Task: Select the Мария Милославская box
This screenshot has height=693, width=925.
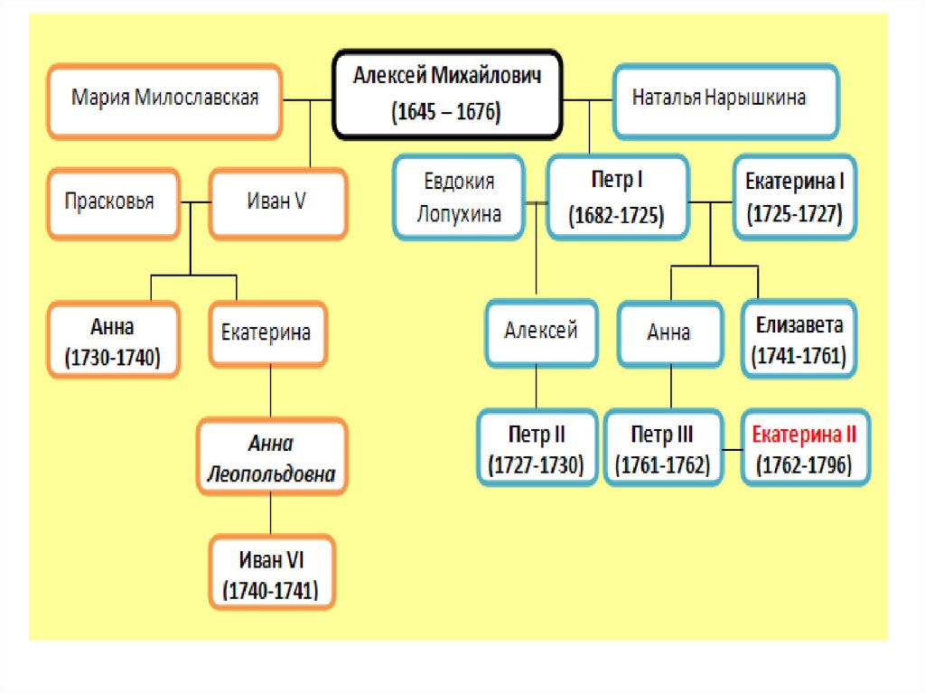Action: pyautogui.click(x=165, y=100)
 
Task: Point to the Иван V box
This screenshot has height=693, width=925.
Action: pyautogui.click(x=276, y=202)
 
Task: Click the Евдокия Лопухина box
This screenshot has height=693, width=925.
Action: pyautogui.click(x=459, y=197)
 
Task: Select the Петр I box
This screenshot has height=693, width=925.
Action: pyautogui.click(x=616, y=197)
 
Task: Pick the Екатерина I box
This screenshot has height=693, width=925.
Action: pyautogui.click(x=794, y=197)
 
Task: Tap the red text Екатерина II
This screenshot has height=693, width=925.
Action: pyautogui.click(x=804, y=435)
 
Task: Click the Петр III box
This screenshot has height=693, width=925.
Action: pyautogui.click(x=663, y=449)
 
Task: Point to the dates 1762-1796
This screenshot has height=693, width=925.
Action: pyautogui.click(x=803, y=465)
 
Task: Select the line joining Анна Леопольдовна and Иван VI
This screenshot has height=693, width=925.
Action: pyautogui.click(x=271, y=515)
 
